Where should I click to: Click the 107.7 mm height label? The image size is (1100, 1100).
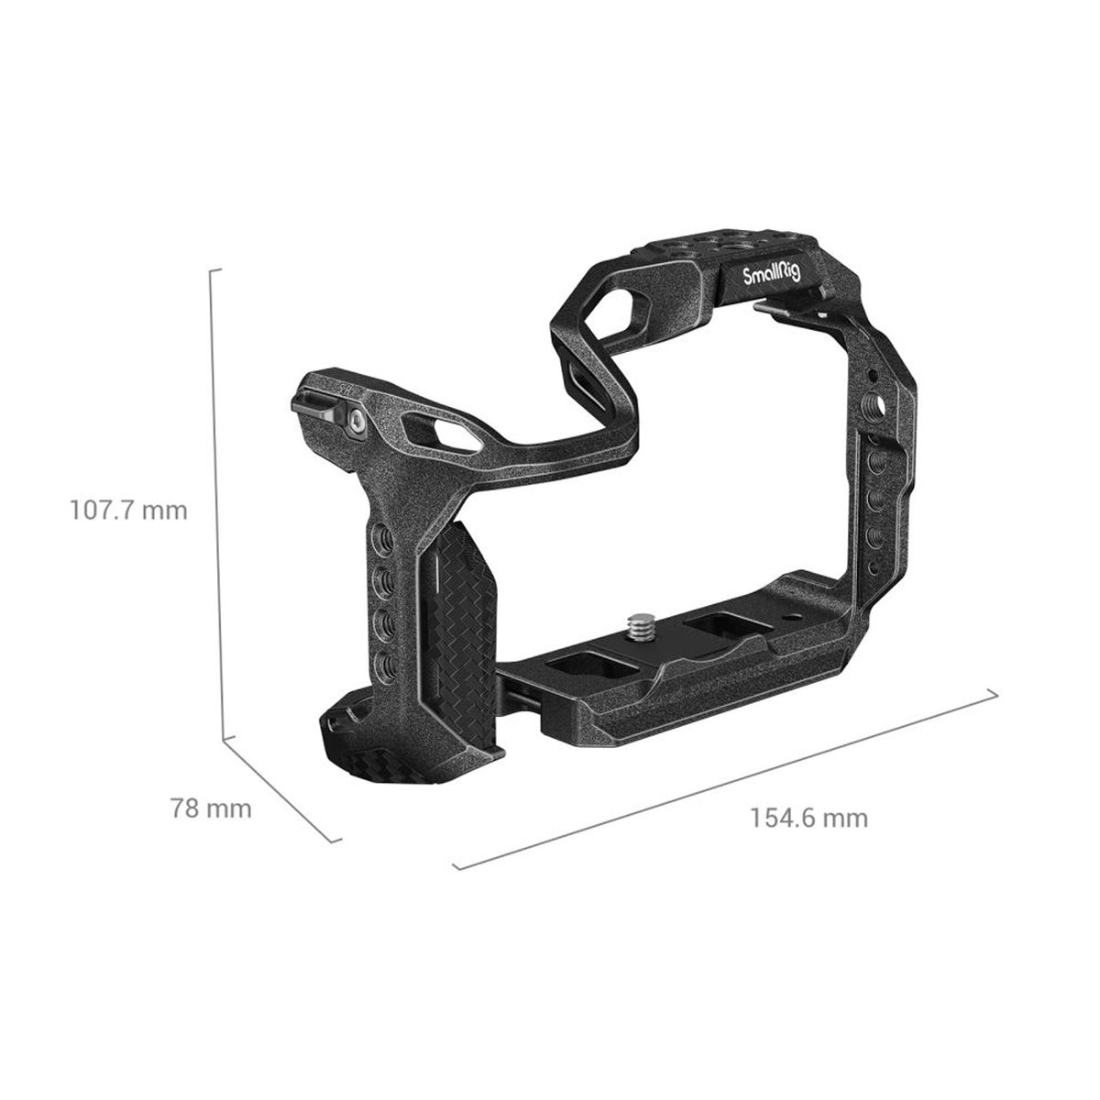(x=128, y=511)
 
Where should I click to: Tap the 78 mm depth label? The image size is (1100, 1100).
(x=211, y=808)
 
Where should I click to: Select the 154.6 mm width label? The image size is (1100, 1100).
(x=808, y=818)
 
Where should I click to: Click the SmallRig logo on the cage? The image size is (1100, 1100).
(x=771, y=275)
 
